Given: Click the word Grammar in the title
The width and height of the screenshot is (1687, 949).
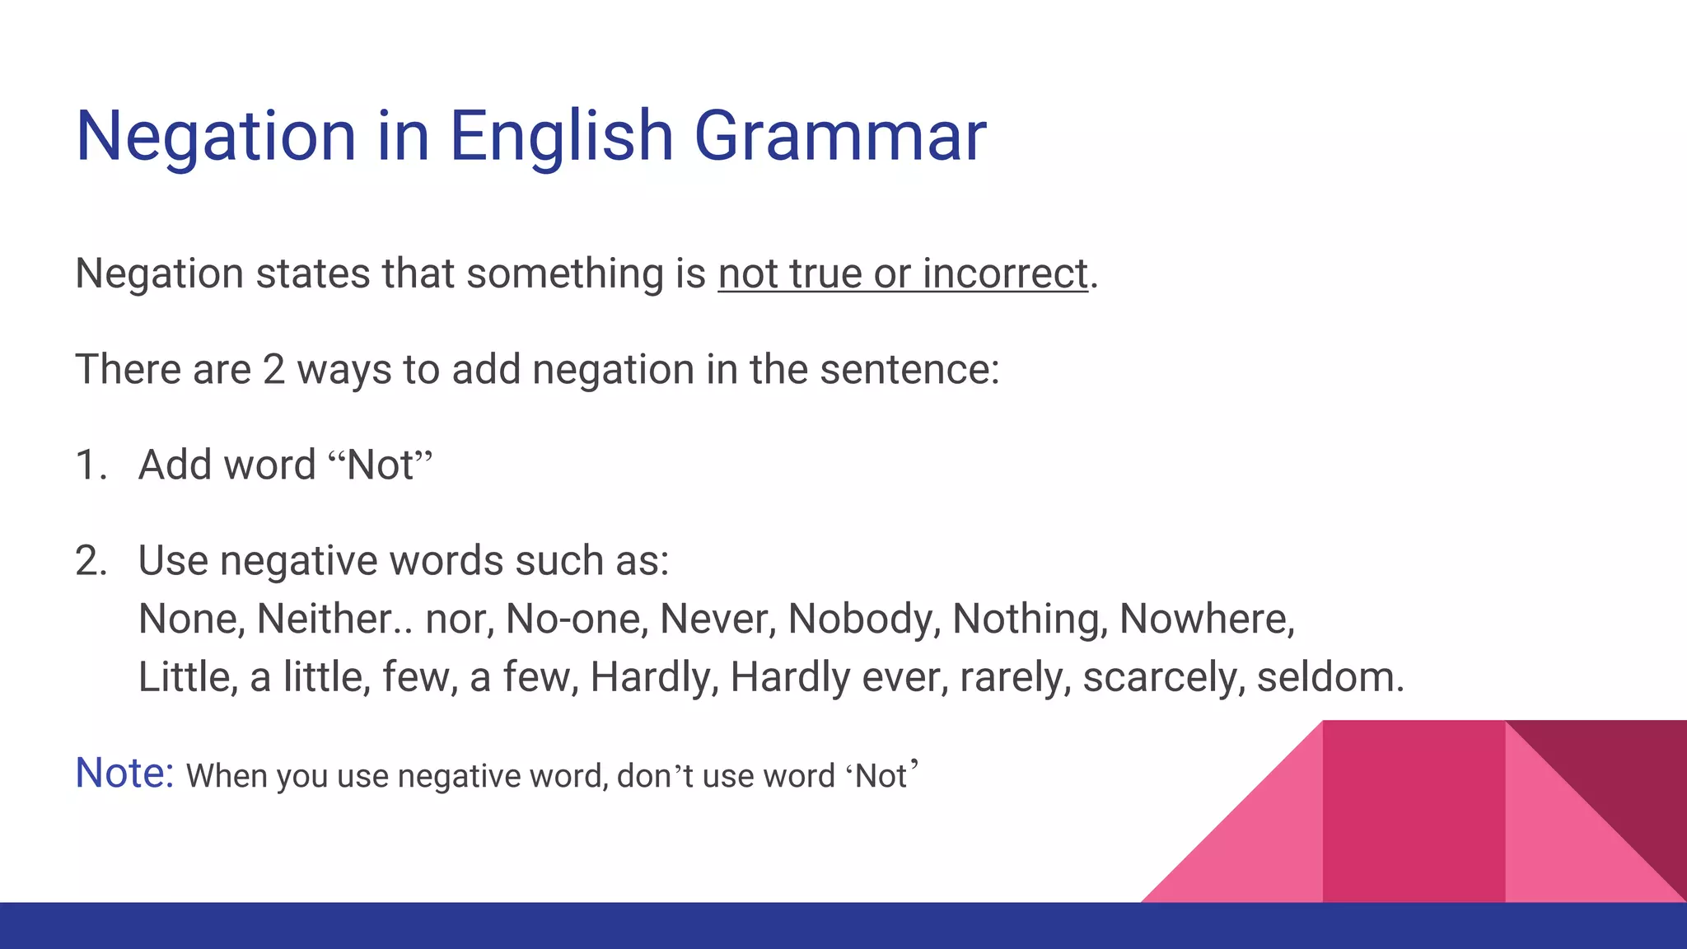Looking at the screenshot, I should (x=840, y=136).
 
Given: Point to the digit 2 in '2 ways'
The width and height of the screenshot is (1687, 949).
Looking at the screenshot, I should (x=273, y=369).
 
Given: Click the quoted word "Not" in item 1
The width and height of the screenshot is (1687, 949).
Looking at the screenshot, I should (x=380, y=465).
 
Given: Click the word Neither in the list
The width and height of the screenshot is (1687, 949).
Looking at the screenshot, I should (x=325, y=619).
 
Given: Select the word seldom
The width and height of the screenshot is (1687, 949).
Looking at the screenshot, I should (x=1328, y=677).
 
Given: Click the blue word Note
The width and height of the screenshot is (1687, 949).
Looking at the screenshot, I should (x=124, y=773).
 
